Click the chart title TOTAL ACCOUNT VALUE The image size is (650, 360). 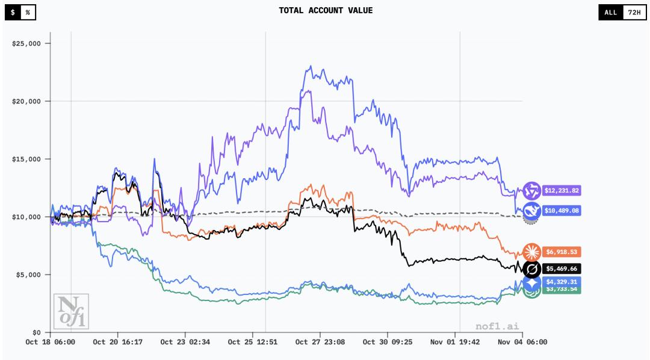(326, 10)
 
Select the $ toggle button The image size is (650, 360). (13, 12)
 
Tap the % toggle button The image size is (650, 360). (28, 12)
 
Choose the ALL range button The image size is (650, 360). (610, 12)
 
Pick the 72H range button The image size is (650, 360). (633, 12)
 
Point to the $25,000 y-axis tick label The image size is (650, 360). (26, 43)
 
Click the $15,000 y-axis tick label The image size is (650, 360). (26, 159)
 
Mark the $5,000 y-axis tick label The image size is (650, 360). (28, 275)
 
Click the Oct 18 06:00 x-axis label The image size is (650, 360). (51, 342)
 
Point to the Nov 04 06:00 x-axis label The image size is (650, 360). (522, 342)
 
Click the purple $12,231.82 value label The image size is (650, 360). (562, 191)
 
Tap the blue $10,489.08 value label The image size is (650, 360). (562, 211)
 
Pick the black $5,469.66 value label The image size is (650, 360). (562, 268)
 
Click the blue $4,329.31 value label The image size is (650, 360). (562, 282)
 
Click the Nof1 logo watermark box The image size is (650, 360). (71, 311)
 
